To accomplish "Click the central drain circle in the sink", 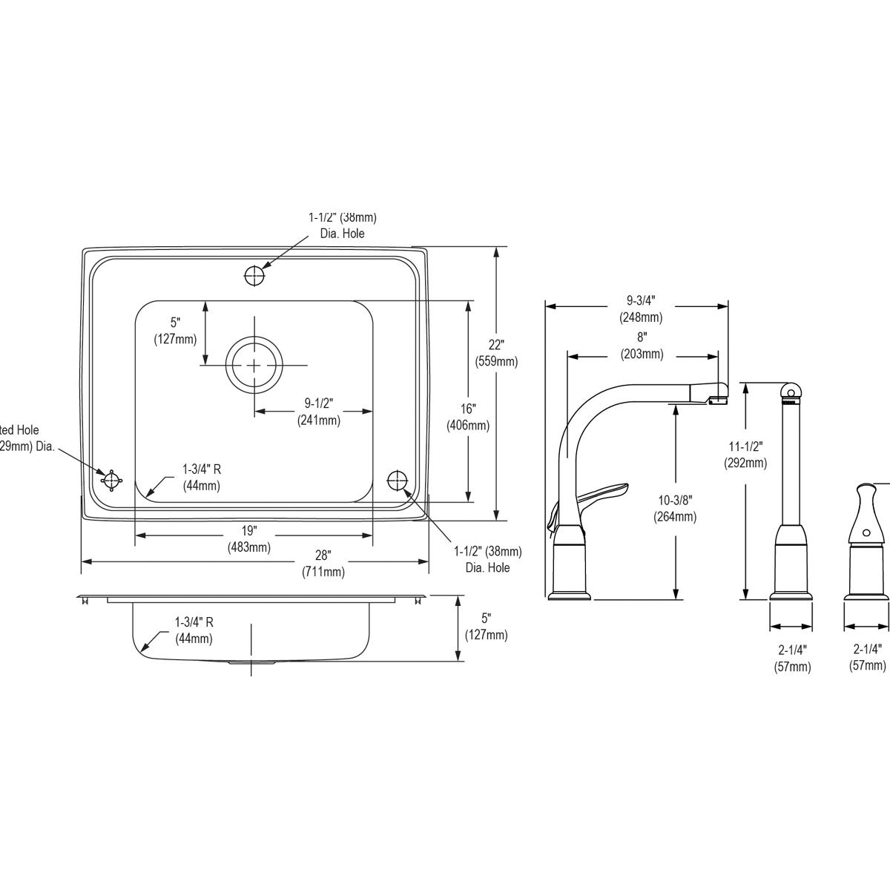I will click(x=254, y=365).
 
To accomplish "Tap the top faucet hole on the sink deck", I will click(x=254, y=276).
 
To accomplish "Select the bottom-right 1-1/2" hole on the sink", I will click(x=398, y=480).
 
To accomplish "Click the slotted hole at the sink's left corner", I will click(x=111, y=480).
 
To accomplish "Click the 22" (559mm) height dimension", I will click(x=496, y=353).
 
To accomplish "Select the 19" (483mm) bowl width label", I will click(x=248, y=539).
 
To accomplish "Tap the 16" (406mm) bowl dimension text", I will click(x=467, y=417).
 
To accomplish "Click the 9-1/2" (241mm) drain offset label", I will click(x=319, y=412).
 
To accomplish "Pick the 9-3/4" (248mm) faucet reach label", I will click(x=641, y=309).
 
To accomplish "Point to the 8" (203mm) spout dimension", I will click(x=642, y=346).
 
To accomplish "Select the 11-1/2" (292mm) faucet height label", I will click(x=745, y=454).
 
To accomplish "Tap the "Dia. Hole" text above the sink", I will click(x=343, y=233).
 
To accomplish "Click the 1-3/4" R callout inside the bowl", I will click(x=201, y=477).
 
